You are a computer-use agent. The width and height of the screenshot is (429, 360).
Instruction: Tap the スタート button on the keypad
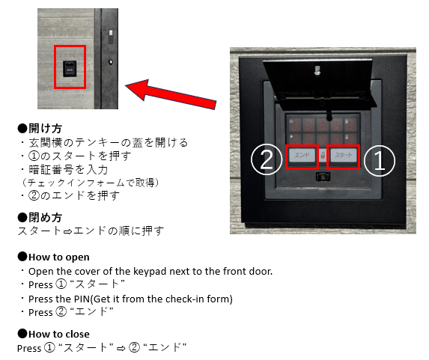tap(344, 155)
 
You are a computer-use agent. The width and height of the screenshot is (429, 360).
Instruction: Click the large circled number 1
tap(380, 161)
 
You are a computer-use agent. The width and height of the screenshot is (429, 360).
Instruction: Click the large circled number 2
tap(267, 159)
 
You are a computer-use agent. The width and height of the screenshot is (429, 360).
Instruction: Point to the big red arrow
tap(171, 94)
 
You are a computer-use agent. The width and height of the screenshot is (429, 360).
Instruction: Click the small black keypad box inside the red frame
tap(70, 69)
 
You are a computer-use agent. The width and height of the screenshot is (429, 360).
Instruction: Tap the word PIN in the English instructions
tap(82, 299)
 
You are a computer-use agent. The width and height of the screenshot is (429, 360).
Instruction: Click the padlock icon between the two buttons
tap(323, 156)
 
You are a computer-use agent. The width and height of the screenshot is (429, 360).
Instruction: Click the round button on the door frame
tap(111, 62)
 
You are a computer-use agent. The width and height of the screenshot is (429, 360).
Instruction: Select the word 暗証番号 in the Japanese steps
tap(52, 170)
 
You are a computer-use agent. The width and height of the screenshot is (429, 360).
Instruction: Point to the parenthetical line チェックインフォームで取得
tap(91, 183)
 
